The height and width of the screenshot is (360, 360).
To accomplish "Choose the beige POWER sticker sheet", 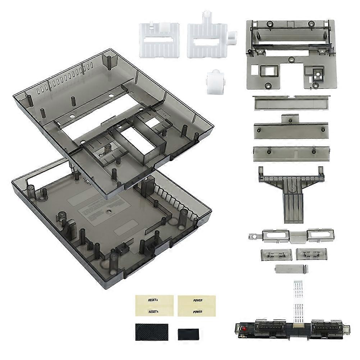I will coord(197,305).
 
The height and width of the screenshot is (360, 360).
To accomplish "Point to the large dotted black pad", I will coord(151,332).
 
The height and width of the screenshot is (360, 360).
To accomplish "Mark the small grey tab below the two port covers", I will coord(292,269).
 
